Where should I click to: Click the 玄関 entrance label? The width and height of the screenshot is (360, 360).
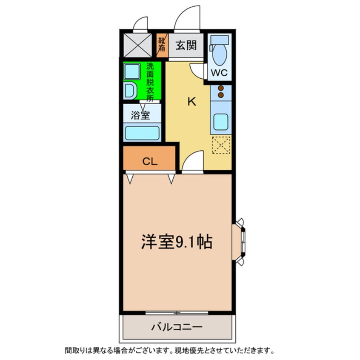coord(186,45)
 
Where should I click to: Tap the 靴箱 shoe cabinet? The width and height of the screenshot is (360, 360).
coord(162,45)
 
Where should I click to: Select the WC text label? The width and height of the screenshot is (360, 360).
coord(220,72)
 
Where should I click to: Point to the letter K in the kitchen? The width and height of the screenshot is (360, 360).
coord(192,102)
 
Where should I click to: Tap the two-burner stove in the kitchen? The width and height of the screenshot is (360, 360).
coord(221,91)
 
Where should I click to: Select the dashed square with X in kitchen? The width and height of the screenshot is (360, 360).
coord(221,145)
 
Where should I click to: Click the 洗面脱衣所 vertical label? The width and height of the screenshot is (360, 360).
coord(150,81)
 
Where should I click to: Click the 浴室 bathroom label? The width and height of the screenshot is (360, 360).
coord(140,115)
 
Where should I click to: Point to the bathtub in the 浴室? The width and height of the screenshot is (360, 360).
coord(142,132)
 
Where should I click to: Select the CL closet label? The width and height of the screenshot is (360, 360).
coord(149,161)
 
